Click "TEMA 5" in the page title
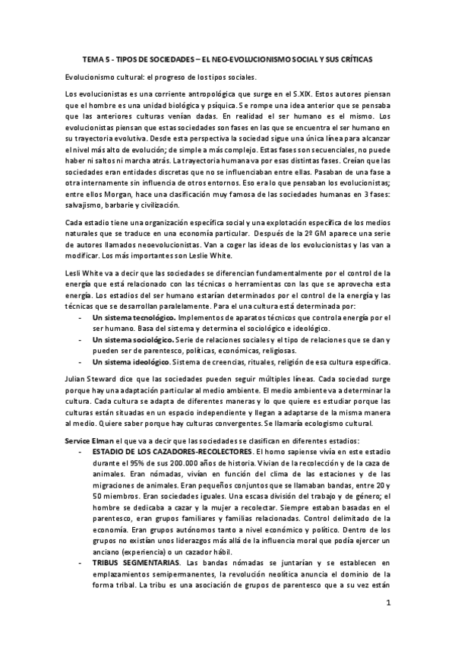point(94,59)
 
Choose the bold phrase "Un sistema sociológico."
point(132,341)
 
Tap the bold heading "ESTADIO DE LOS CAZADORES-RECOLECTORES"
point(168,455)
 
